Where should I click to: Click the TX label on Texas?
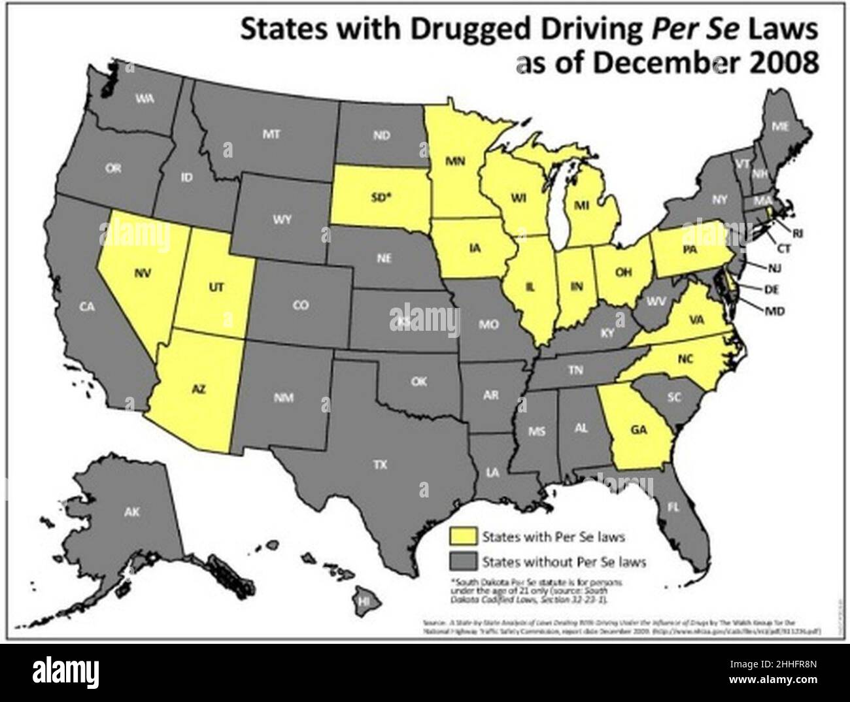point(380,465)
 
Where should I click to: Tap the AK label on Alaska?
point(133,512)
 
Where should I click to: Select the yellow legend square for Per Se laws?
point(461,537)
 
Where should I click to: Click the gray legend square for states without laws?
point(461,561)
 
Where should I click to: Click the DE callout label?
point(772,288)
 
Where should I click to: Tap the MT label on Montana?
point(271,135)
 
